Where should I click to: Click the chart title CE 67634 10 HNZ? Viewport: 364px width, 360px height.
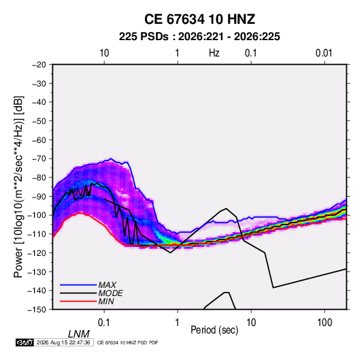[199, 19]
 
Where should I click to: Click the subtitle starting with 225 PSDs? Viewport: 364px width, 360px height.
[199, 37]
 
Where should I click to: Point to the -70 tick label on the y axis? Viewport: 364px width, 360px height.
[39, 159]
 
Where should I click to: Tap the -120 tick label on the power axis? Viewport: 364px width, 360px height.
[37, 253]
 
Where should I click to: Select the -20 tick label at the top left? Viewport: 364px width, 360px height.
[39, 65]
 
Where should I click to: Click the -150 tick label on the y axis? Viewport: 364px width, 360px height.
[37, 310]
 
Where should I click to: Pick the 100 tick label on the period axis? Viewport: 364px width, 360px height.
[325, 323]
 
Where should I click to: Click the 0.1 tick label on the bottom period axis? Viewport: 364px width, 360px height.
[104, 323]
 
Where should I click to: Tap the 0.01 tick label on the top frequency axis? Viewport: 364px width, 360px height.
[324, 53]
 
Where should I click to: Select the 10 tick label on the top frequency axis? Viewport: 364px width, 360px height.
[104, 53]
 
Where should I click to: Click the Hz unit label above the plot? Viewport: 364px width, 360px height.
[214, 53]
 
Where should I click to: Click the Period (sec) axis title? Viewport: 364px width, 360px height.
[214, 330]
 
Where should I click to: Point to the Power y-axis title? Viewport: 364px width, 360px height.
[18, 186]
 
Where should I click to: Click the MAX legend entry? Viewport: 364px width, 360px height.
[107, 285]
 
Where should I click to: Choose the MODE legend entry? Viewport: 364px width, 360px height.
[110, 293]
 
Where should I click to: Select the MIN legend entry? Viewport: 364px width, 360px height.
[106, 301]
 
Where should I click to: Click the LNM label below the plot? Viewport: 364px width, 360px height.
[78, 334]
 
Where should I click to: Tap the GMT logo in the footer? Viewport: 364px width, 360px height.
[24, 342]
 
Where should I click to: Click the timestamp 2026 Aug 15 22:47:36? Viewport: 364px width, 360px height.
[63, 342]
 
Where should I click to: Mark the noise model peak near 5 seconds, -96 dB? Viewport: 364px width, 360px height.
[226, 208]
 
